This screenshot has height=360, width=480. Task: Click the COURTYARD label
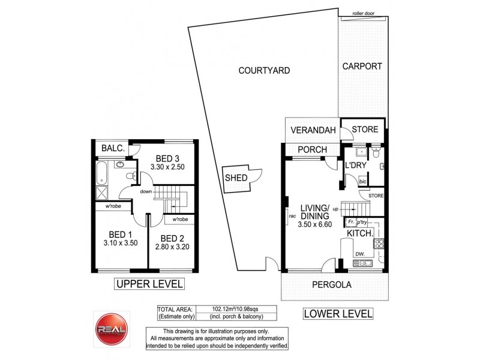click(264, 70)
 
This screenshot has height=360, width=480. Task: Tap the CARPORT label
click(362, 67)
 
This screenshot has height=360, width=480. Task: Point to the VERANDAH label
click(312, 131)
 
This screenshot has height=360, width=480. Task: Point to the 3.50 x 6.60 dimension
click(315, 225)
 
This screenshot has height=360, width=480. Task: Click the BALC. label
click(112, 148)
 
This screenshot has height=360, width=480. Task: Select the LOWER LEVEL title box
click(337, 313)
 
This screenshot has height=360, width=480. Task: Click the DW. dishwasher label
click(359, 254)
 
